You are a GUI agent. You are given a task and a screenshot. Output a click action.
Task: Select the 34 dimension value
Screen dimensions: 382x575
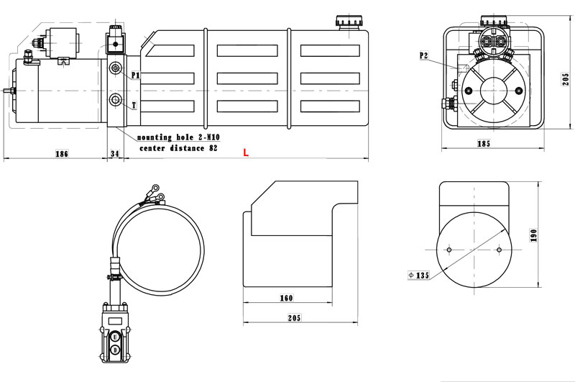pos(115,153)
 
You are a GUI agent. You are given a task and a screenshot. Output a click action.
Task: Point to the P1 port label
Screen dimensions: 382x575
pos(135,75)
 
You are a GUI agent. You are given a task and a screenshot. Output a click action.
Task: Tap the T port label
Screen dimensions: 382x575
pos(134,106)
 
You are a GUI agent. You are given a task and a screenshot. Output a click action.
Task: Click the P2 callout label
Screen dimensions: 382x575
pos(424,55)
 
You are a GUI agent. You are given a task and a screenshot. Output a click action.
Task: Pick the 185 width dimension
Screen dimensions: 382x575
pos(483,144)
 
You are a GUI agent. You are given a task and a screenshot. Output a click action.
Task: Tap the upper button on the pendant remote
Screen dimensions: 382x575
pos(115,335)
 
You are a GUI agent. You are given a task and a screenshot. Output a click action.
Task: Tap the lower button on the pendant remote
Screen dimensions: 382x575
pos(115,350)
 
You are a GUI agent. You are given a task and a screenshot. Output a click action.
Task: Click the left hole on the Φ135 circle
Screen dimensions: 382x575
pos(448,250)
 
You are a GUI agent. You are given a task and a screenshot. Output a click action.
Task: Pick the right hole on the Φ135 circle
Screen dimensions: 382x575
pos(498,250)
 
